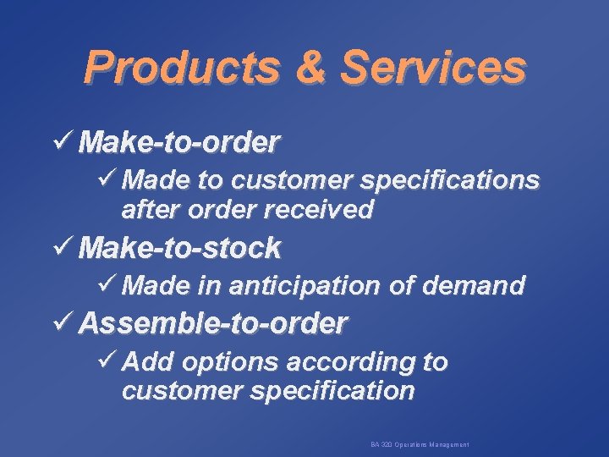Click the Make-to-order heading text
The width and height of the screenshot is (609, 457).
[178, 142]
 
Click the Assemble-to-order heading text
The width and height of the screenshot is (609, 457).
[213, 322]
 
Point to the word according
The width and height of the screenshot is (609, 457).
[352, 362]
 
